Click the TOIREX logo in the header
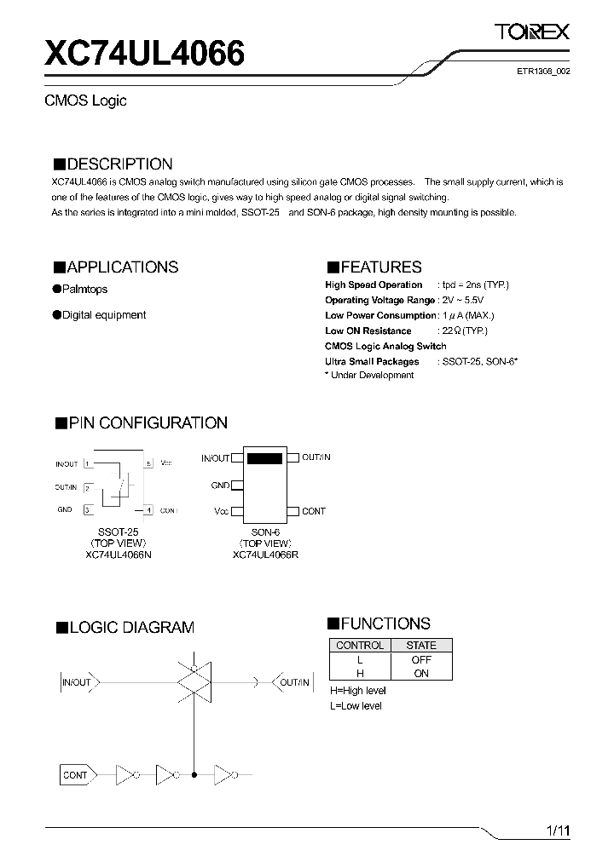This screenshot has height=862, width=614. point(533,32)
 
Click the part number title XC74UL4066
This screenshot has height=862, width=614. point(144,55)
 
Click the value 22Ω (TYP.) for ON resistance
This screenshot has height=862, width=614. point(465,330)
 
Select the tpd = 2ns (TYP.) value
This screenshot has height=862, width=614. point(475,284)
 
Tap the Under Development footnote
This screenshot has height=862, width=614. point(369,376)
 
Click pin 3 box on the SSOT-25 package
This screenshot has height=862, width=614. point(87,510)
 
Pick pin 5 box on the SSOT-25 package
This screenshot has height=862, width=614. point(148,463)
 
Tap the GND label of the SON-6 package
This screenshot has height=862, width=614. point(221,485)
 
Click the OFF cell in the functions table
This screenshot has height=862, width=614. point(421,659)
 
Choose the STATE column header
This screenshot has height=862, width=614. point(421,646)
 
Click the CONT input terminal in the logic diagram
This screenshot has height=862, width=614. point(75,775)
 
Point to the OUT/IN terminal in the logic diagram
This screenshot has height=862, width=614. point(294,682)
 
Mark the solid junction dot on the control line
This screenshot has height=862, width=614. point(195,775)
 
